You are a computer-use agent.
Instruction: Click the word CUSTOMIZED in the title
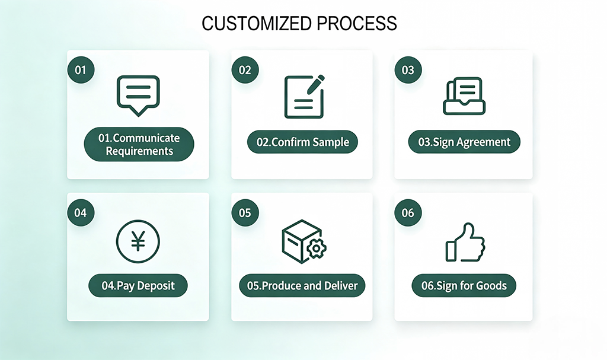click(256, 24)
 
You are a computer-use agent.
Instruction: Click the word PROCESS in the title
click(356, 24)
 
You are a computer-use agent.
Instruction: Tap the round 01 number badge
click(81, 70)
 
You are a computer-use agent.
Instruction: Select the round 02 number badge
click(245, 70)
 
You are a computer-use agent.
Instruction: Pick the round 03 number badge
click(408, 70)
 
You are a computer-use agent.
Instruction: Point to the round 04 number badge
click(81, 213)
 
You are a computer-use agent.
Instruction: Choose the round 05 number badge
click(245, 213)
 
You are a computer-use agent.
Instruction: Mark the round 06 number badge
click(408, 213)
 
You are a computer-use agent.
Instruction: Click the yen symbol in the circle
click(138, 241)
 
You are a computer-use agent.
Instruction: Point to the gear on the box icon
click(317, 249)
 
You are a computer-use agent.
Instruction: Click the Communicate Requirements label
click(139, 144)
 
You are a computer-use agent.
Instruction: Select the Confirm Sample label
click(302, 142)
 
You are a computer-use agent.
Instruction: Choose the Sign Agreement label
click(464, 142)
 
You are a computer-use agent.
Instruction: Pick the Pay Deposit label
click(138, 286)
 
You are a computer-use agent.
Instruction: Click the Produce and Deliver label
click(302, 286)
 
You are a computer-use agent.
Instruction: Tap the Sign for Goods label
click(464, 286)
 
